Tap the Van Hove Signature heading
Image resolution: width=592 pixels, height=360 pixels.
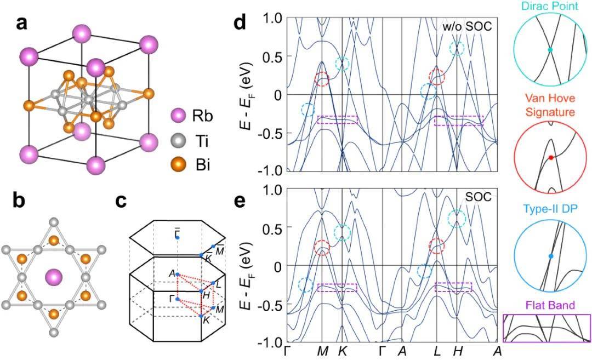[550, 106]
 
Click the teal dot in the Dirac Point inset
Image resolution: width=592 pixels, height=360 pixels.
[550, 50]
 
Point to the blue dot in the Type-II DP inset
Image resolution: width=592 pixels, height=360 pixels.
[550, 256]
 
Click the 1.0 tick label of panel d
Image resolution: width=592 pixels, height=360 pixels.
[271, 18]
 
